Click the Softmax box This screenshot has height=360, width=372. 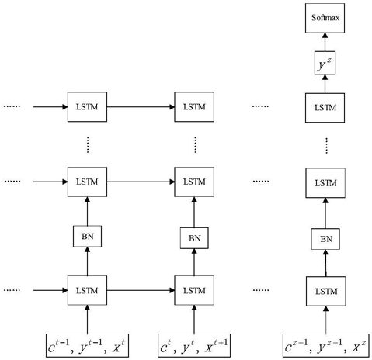pyautogui.click(x=325, y=18)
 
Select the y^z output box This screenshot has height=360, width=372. pyautogui.click(x=325, y=63)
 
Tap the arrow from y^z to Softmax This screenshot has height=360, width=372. pyautogui.click(x=325, y=42)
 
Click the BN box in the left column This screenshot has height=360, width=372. pyautogui.click(x=87, y=236)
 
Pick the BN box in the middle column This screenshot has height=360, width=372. pyautogui.click(x=194, y=238)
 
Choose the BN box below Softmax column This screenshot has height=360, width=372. pyautogui.click(x=325, y=239)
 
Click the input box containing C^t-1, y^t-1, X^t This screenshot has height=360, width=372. pyautogui.click(x=87, y=346)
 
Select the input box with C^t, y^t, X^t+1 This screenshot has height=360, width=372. pyautogui.click(x=194, y=346)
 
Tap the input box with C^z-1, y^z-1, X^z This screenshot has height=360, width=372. pyautogui.click(x=326, y=346)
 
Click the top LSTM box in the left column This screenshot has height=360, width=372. pyautogui.click(x=87, y=107)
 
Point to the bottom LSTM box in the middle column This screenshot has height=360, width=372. pyautogui.click(x=194, y=290)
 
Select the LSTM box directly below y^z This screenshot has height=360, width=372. pyautogui.click(x=325, y=108)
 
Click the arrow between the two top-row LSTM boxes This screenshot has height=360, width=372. pyautogui.click(x=141, y=107)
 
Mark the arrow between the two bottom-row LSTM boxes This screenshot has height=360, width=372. pyautogui.click(x=141, y=290)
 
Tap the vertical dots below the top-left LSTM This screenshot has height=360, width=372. pyautogui.click(x=88, y=144)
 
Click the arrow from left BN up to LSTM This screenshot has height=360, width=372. pyautogui.click(x=87, y=211)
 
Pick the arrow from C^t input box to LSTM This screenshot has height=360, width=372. pyautogui.click(x=194, y=320)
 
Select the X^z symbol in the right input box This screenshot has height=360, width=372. pyautogui.click(x=359, y=347)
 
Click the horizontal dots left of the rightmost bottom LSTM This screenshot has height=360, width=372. pyautogui.click(x=261, y=290)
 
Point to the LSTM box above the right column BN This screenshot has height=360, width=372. pyautogui.click(x=325, y=183)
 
